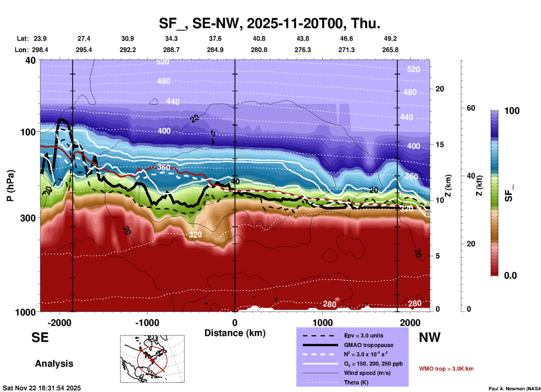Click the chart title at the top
270,23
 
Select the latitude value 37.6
215,39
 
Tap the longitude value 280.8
259,50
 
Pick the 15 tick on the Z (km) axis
440,145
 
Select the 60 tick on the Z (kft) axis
471,108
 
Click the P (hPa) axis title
10,186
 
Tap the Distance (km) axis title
235,333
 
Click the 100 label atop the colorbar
512,111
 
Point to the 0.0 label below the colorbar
510,275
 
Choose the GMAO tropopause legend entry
369,345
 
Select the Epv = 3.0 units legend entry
363,335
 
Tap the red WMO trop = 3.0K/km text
446,369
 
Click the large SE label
40,337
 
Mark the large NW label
429,337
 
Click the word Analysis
54,364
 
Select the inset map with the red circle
152,359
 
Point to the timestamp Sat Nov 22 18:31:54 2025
42,388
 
